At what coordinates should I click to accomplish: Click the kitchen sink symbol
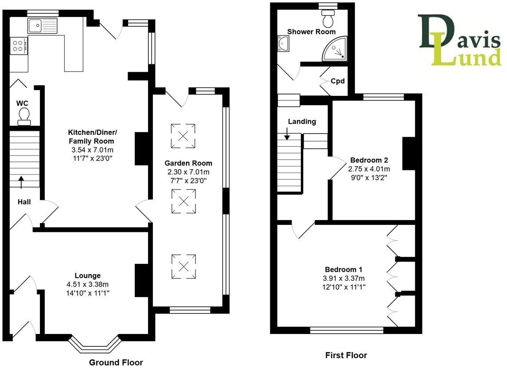pyautogui.click(x=43, y=26)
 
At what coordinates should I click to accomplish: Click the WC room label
pyautogui.click(x=23, y=103)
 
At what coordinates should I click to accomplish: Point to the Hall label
pyautogui.click(x=24, y=202)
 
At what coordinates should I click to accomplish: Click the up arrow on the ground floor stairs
pyautogui.click(x=21, y=182)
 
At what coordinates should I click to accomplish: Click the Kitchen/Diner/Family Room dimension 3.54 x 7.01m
pyautogui.click(x=92, y=150)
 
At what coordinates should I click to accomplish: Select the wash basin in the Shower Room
pyautogui.click(x=284, y=43)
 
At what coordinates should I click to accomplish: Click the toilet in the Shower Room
pyautogui.click(x=328, y=18)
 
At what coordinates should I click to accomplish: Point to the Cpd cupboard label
pyautogui.click(x=337, y=81)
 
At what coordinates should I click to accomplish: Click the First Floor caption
pyautogui.click(x=346, y=355)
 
